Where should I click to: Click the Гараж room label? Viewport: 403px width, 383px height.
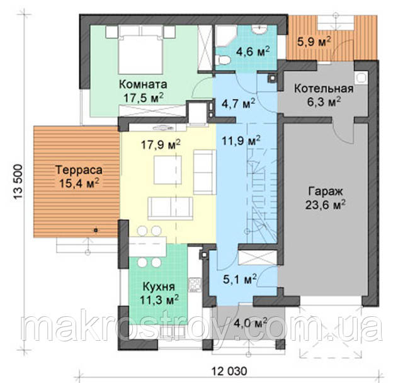[326, 191]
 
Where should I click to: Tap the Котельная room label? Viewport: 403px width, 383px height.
[324, 89]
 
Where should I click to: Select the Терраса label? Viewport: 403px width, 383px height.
[79, 170]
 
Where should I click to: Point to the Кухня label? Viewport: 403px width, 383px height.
[159, 287]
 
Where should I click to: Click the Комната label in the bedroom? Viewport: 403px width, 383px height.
[143, 84]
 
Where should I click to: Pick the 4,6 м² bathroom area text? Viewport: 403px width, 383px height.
[253, 52]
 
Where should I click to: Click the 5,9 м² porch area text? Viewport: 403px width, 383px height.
[314, 42]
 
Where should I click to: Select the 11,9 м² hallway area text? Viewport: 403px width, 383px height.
[241, 140]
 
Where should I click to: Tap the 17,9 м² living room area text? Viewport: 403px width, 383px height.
[161, 144]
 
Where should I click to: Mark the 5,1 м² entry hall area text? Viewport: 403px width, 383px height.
[239, 279]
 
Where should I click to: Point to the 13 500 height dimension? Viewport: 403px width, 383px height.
[18, 182]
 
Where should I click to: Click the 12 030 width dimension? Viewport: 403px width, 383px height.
[229, 371]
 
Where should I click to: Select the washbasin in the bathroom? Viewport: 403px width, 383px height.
[259, 30]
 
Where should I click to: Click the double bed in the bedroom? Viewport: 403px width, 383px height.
[140, 50]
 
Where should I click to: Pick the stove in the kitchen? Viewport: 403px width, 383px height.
[195, 285]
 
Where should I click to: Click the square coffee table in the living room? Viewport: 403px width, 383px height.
[167, 169]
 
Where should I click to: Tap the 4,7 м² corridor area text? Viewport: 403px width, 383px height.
[238, 103]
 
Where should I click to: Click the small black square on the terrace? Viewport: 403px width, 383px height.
[96, 231]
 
